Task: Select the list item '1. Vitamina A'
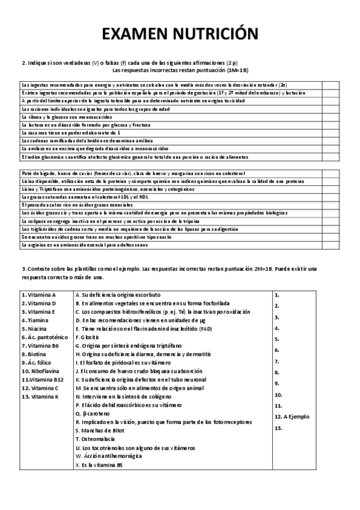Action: (39, 295)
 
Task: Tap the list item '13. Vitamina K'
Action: (41, 397)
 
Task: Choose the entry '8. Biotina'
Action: (35, 355)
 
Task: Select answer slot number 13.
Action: (278, 428)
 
